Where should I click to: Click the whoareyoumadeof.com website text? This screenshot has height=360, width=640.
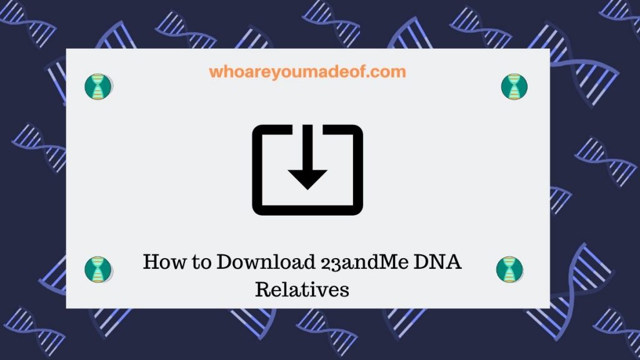(x=307, y=72)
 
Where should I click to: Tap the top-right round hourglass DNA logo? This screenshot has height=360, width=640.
(x=514, y=86)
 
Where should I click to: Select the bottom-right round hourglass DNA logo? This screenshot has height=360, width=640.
(x=509, y=269)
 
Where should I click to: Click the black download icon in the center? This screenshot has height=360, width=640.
(x=307, y=169)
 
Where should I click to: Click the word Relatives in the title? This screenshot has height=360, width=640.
(x=302, y=290)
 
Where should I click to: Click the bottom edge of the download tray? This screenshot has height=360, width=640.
(x=307, y=211)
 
